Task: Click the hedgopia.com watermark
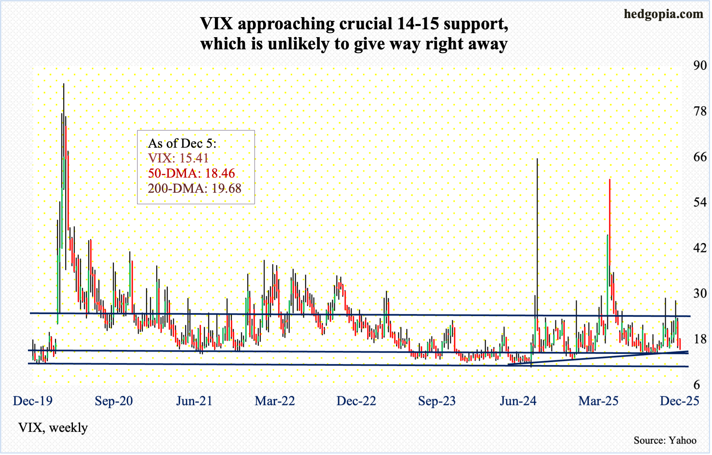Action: (663, 14)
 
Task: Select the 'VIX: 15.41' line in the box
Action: (178, 158)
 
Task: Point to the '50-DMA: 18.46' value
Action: (191, 173)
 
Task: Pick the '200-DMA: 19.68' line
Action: (195, 188)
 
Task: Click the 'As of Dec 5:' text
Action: (182, 143)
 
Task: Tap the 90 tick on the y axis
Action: (700, 65)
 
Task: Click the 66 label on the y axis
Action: (700, 157)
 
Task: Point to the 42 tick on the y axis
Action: (700, 248)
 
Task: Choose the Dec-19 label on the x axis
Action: (33, 401)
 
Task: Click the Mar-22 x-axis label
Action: (275, 401)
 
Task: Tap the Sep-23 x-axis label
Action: (437, 401)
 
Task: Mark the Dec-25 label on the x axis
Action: (679, 401)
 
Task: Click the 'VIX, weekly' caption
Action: (53, 428)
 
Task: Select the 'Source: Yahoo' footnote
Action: (665, 440)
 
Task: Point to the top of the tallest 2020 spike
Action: (64, 84)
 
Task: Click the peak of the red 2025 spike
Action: (609, 180)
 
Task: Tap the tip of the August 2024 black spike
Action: (537, 159)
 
